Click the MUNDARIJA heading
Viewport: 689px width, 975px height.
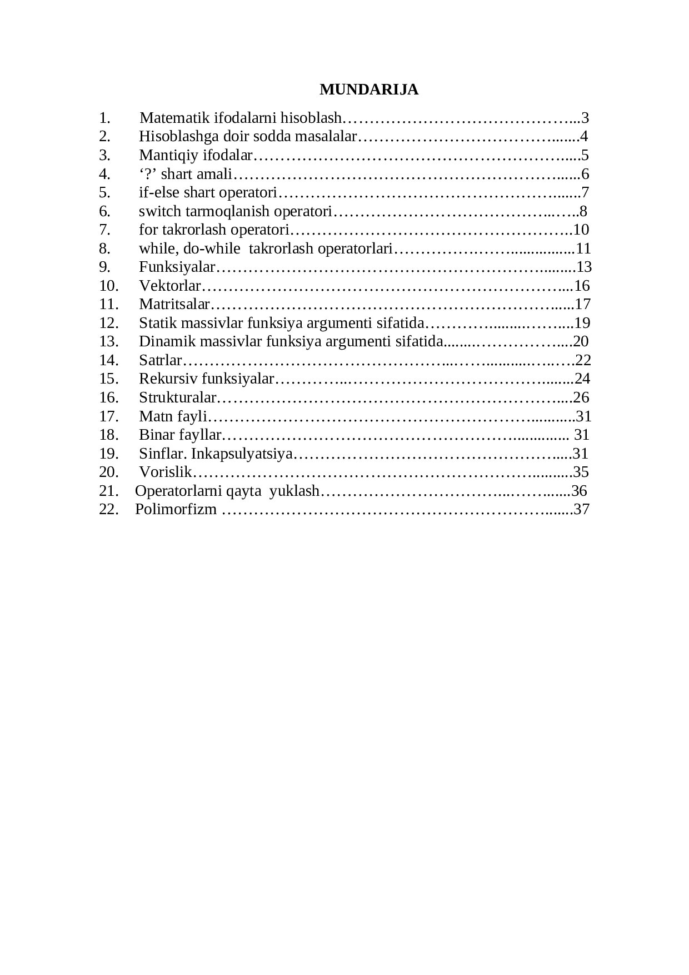click(369, 89)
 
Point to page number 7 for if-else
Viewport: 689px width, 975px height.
click(585, 193)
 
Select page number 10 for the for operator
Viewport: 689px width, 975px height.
click(581, 230)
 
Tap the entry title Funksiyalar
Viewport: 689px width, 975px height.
click(177, 267)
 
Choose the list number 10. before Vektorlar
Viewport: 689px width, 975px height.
click(109, 286)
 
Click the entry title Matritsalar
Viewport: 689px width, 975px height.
click(174, 304)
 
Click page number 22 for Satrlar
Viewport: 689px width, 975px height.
click(583, 360)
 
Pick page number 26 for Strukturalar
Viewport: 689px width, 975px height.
click(581, 397)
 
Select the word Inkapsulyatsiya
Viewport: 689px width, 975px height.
click(241, 454)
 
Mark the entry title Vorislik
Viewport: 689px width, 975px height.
click(165, 472)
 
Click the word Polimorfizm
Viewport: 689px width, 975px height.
click(176, 509)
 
